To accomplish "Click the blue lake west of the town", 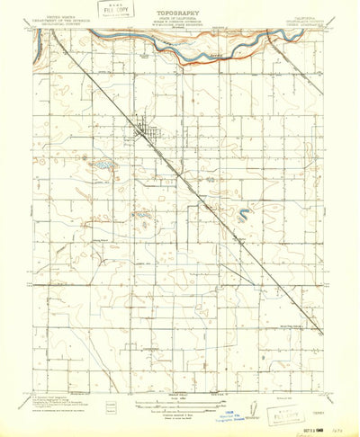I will pos(105,165).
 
